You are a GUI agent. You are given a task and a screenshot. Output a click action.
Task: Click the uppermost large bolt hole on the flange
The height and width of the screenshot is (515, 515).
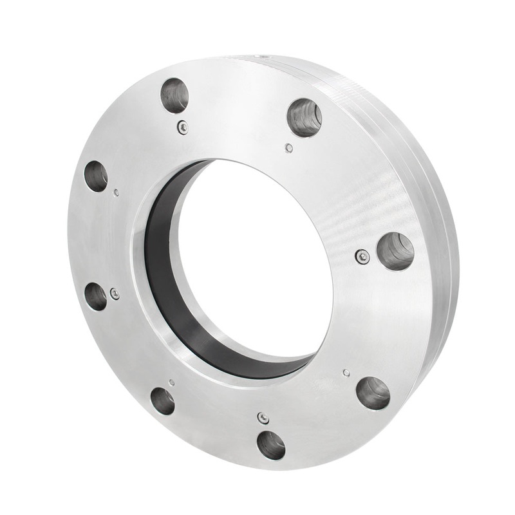[174, 95]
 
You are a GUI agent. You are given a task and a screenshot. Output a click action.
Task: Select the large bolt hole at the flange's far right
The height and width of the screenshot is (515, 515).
[395, 251]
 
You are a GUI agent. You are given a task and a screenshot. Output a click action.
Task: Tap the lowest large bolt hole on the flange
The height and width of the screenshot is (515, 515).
[271, 445]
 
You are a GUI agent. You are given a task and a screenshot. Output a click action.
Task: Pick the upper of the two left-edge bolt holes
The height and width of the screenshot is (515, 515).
[96, 176]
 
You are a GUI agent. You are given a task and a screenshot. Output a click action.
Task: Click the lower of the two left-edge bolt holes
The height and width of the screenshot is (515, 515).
[96, 297]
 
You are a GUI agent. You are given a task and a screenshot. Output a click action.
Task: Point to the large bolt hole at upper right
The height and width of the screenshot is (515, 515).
[304, 117]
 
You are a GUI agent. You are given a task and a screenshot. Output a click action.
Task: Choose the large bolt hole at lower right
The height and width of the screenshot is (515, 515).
[373, 393]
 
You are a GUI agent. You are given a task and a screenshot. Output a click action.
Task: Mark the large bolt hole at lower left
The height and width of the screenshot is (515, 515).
[162, 400]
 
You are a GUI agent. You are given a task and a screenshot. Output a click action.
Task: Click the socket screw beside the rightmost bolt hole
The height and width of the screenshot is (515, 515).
[362, 257]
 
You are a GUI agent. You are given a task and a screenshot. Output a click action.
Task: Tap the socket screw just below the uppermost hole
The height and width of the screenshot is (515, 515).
[183, 127]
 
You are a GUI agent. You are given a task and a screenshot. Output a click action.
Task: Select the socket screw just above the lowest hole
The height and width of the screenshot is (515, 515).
[263, 418]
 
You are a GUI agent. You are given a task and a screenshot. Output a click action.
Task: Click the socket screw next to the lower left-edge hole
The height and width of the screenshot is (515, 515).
[115, 294]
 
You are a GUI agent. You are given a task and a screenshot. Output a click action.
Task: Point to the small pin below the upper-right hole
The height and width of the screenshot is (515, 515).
[289, 148]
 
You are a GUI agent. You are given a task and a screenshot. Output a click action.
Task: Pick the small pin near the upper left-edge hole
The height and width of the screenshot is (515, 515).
[115, 192]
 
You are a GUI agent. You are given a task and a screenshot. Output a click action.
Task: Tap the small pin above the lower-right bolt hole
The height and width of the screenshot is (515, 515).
[346, 372]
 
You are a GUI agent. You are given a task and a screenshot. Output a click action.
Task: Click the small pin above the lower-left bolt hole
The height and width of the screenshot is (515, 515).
[171, 382]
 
